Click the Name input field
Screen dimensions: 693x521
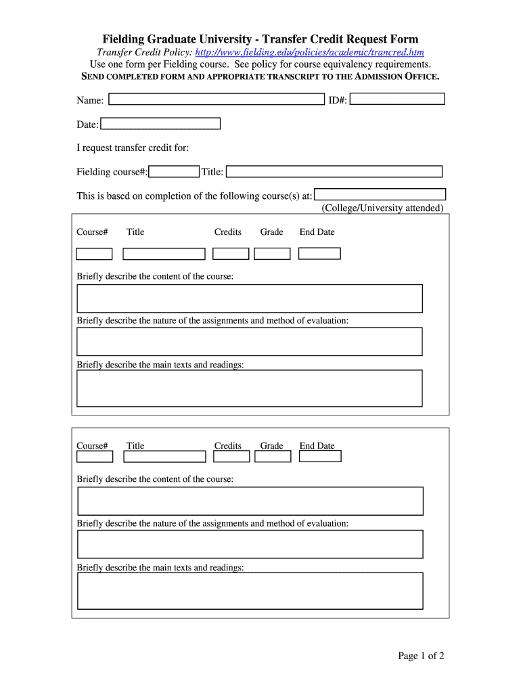(x=217, y=99)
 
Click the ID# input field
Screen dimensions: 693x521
(x=397, y=99)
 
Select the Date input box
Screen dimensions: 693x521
(x=160, y=123)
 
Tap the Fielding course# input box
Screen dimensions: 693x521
(x=174, y=171)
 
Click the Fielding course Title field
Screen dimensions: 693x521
(x=334, y=171)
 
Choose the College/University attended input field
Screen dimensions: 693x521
(x=380, y=194)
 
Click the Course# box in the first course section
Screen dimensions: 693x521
(x=94, y=254)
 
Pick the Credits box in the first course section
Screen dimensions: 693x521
(x=231, y=254)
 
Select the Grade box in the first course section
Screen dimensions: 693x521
(x=272, y=254)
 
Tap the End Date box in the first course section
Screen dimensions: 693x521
(x=319, y=253)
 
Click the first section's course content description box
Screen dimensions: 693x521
(x=250, y=298)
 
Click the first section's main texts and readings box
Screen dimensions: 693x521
(x=250, y=388)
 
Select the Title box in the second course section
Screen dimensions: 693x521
(x=164, y=457)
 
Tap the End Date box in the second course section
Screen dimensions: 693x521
(x=320, y=456)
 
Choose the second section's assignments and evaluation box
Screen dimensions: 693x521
(x=250, y=544)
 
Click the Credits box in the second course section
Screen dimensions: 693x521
(x=231, y=457)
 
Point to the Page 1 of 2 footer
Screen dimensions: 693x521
(x=421, y=655)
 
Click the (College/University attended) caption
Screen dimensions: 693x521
(x=382, y=208)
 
